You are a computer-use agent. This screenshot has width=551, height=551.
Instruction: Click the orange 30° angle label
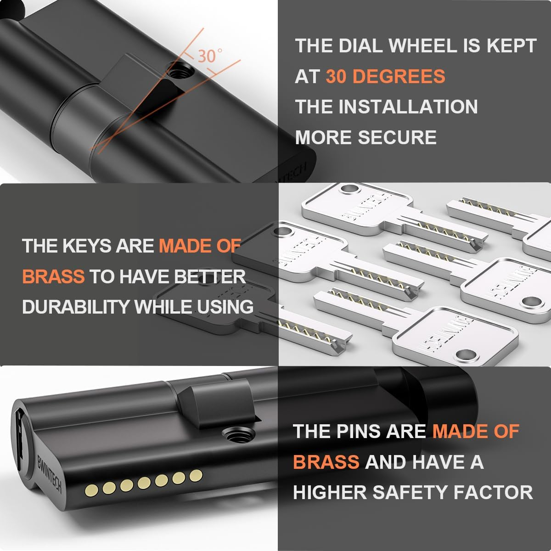210,56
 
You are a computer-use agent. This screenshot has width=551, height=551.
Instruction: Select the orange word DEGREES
385,76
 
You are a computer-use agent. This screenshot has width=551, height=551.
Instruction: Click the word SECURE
397,137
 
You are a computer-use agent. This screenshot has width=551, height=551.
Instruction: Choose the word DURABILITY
76,307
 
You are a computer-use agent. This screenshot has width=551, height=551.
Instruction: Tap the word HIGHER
330,493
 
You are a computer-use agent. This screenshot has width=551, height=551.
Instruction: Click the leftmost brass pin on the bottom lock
91,491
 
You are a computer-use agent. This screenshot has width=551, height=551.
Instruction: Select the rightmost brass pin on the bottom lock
196,475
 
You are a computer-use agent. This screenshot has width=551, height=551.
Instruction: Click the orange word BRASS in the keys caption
53,276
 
